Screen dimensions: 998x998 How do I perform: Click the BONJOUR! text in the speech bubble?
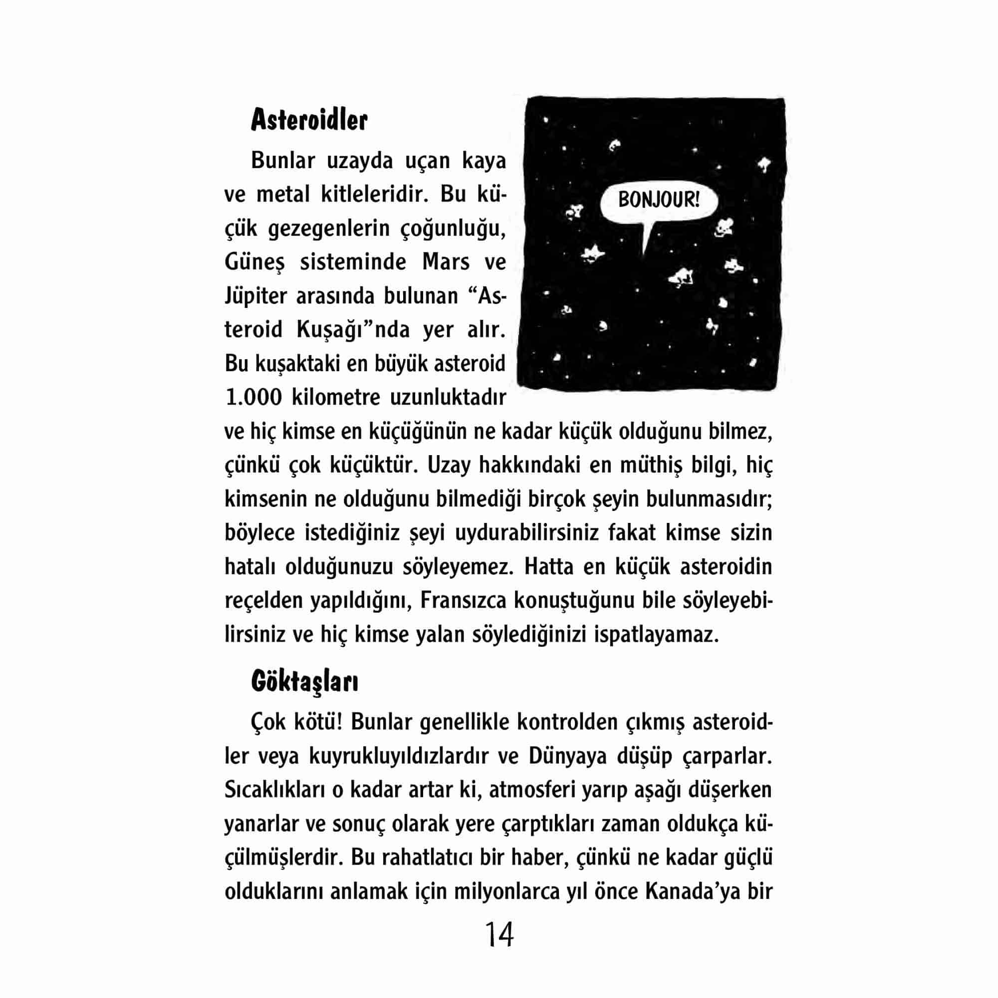(x=659, y=200)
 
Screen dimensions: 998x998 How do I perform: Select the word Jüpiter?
(x=255, y=296)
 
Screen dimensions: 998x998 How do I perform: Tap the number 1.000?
(x=253, y=397)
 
